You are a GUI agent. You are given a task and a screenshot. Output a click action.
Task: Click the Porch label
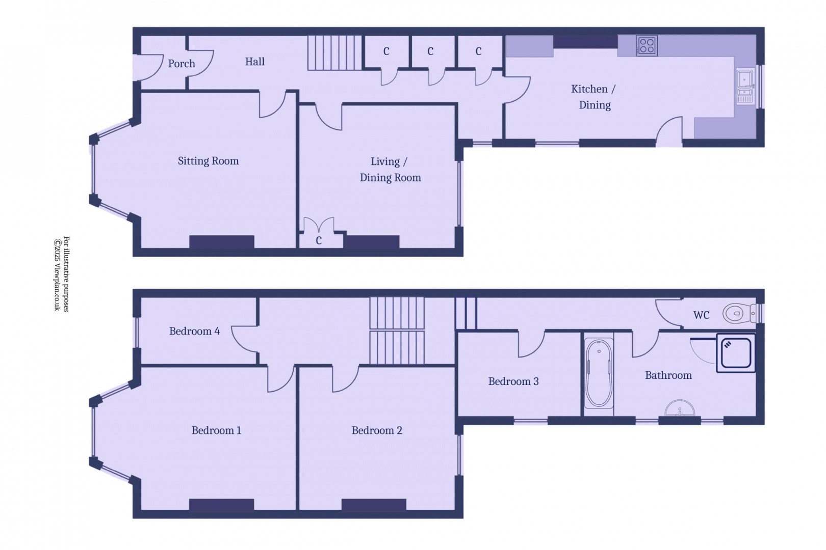(x=182, y=64)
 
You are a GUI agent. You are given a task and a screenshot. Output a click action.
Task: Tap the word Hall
(x=255, y=62)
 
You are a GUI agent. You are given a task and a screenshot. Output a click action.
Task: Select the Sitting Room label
(x=209, y=161)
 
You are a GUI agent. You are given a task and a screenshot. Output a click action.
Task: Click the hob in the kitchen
(x=647, y=46)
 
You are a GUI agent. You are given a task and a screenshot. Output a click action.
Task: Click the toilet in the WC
(x=739, y=314)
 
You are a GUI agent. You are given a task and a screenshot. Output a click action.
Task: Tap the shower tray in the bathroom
(x=736, y=353)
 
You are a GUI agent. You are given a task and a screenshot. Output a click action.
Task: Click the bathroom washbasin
(x=680, y=408)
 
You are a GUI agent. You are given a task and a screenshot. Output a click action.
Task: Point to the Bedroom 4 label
(x=194, y=331)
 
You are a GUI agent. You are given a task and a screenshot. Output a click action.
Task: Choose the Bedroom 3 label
(x=513, y=381)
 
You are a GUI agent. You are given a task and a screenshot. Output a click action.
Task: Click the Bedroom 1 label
(x=217, y=430)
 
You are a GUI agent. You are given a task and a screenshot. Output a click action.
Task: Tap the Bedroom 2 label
(x=377, y=430)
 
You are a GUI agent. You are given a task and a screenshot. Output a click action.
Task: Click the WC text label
(x=702, y=315)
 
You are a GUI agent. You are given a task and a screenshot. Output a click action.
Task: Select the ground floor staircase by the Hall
(x=334, y=52)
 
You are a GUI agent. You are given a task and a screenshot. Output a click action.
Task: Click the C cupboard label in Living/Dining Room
(x=319, y=240)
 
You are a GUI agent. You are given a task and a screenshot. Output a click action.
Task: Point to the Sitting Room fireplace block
(x=222, y=242)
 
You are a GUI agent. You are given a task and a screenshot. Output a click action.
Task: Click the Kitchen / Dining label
(x=593, y=97)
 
